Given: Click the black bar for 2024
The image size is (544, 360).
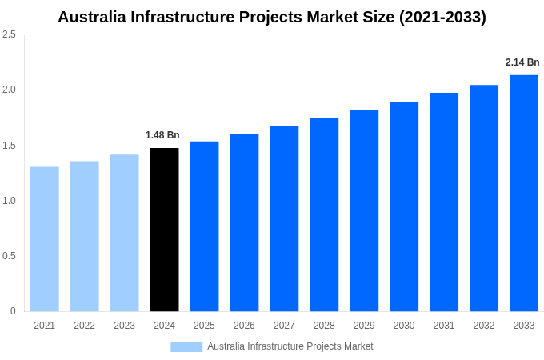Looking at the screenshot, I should click(x=164, y=230).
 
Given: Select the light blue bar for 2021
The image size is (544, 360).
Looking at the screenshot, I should click(x=45, y=239).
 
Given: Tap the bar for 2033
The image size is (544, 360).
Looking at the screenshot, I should click(x=524, y=193).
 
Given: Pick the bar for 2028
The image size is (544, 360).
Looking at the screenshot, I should click(x=324, y=214).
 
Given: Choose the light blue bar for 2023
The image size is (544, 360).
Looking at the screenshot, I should click(x=124, y=233).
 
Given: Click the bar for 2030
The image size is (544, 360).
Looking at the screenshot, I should click(x=404, y=206).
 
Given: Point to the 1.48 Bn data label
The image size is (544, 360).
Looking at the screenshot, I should click(x=162, y=135).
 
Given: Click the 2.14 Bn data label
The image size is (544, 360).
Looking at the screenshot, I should click(x=522, y=62).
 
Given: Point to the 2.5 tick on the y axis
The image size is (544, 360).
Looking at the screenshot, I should click(x=9, y=34).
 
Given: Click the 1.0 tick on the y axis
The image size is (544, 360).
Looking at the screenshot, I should click(x=9, y=201).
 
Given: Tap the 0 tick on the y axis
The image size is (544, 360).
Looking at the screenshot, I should click(x=13, y=311).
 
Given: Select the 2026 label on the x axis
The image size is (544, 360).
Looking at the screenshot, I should click(x=244, y=326).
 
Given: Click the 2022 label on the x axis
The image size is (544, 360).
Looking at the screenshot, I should click(x=84, y=326).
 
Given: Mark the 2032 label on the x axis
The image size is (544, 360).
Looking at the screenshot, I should click(x=484, y=326).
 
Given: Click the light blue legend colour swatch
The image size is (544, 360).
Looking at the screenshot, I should click(x=186, y=347).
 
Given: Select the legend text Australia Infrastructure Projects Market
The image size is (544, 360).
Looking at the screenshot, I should click(x=290, y=346).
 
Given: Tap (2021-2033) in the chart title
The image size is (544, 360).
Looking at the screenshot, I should click(x=442, y=17).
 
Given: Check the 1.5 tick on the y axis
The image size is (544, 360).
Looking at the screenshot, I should click(x=9, y=146).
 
